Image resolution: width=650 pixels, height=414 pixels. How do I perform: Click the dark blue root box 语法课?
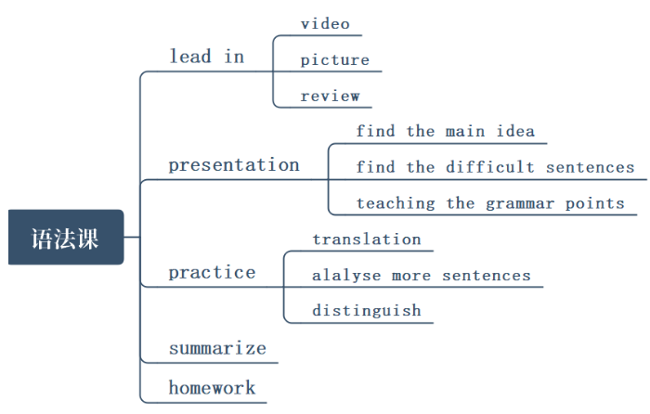(66, 238)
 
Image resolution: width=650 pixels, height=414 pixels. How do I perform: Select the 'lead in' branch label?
(206, 57)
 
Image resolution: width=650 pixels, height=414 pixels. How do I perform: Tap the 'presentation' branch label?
(234, 165)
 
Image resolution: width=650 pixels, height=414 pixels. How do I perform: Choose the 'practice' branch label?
(212, 273)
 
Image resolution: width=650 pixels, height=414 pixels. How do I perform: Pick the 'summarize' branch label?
(217, 349)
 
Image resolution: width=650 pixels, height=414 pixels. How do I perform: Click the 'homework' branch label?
(212, 387)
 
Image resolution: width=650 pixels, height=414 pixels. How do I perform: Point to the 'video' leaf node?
(325, 23)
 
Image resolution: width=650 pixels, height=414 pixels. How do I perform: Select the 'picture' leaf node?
(334, 60)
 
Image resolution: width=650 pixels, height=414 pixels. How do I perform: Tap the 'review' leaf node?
(330, 96)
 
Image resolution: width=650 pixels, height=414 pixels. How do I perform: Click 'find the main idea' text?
(446, 131)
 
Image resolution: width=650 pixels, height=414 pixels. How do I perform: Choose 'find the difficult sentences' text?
(495, 167)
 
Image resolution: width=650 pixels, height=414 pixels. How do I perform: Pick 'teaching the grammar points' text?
(490, 203)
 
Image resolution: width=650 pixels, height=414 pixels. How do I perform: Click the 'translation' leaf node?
(367, 239)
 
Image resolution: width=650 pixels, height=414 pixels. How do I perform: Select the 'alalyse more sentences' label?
(422, 276)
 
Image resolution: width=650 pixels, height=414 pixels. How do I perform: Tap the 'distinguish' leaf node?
(367, 311)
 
